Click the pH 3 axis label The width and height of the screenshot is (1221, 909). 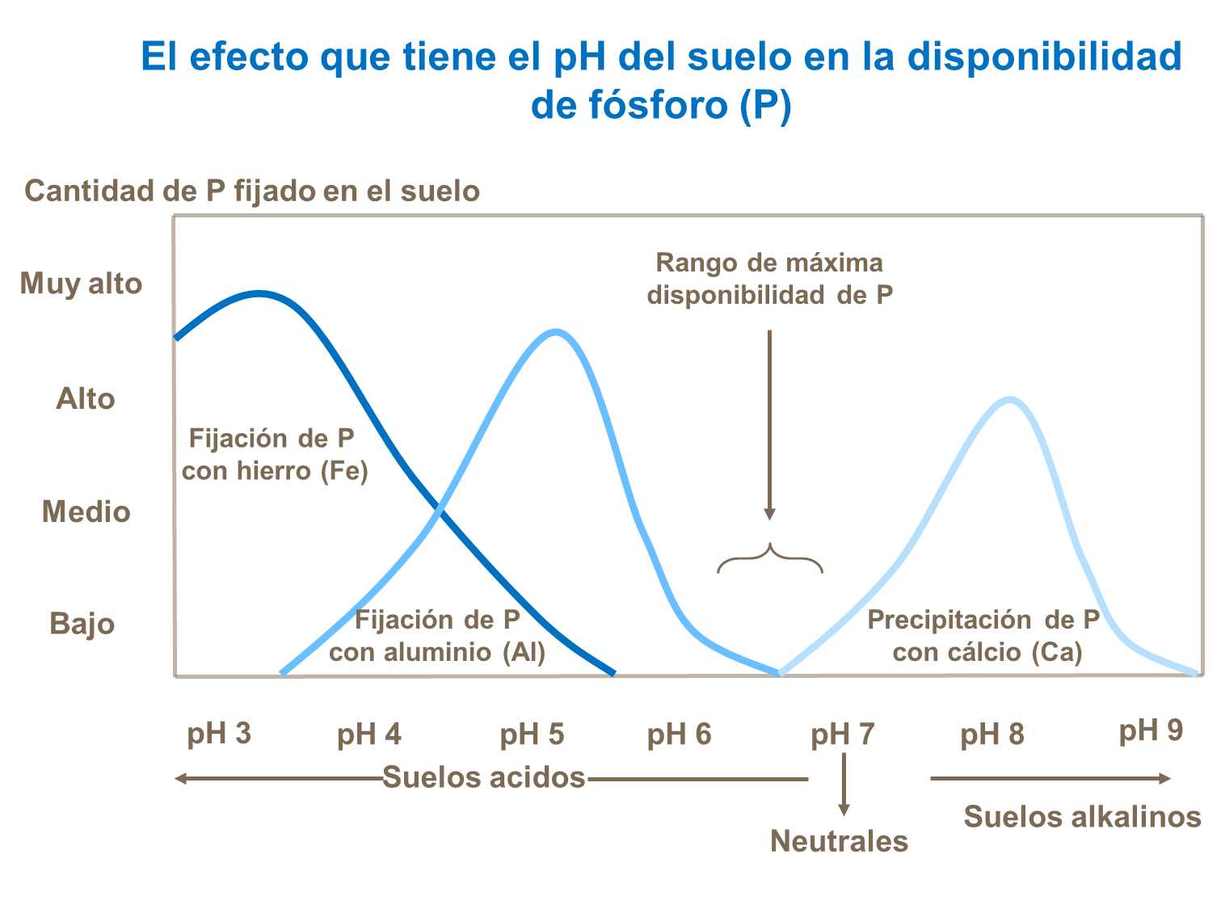pos(219,734)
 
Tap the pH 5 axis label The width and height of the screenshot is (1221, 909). pos(532,734)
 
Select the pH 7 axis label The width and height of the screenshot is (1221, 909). pos(843,734)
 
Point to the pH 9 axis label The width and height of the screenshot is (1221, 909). pos(1151,730)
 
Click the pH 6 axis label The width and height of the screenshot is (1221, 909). pos(679,734)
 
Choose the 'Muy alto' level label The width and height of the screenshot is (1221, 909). pos(81,284)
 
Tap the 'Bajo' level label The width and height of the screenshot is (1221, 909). pos(82,624)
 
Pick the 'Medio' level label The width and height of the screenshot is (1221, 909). pos(86,511)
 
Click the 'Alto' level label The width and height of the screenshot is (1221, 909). pos(85,398)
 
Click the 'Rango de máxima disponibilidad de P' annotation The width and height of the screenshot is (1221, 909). pos(769,279)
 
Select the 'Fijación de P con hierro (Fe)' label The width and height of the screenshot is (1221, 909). pos(274,454)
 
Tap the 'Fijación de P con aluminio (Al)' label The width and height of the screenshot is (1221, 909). pos(437,636)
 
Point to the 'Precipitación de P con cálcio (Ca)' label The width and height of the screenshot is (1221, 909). pos(985,636)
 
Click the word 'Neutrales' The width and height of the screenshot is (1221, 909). pos(839,841)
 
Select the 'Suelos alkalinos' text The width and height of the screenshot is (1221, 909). pos(1082,817)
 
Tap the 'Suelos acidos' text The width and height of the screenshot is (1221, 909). pos(483,777)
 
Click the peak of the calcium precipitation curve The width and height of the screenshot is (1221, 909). pos(1009,399)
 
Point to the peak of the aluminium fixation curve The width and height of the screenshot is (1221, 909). pos(556,331)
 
